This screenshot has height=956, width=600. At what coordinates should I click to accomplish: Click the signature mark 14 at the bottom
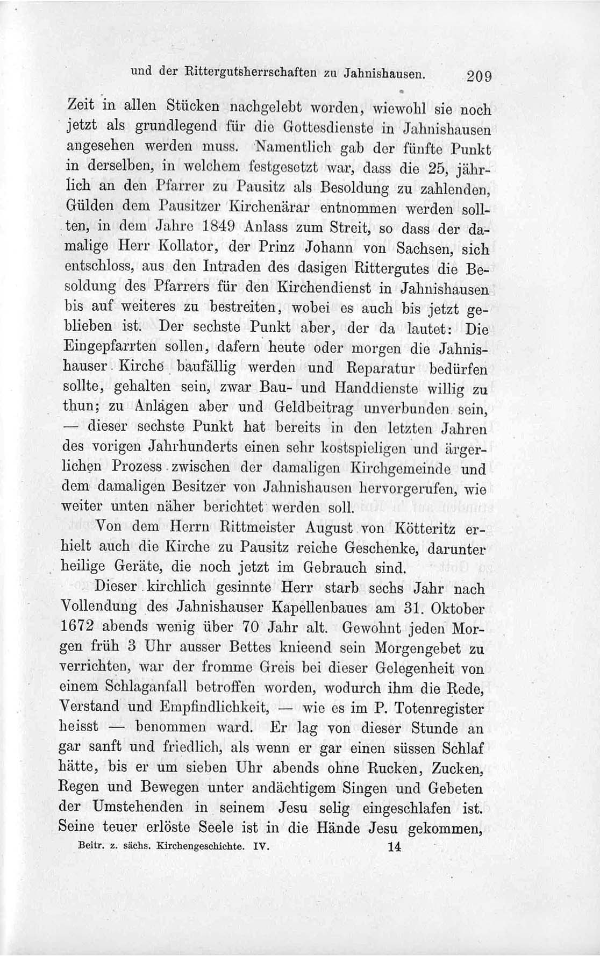[394, 846]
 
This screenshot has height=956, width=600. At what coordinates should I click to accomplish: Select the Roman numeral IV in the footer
[260, 846]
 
